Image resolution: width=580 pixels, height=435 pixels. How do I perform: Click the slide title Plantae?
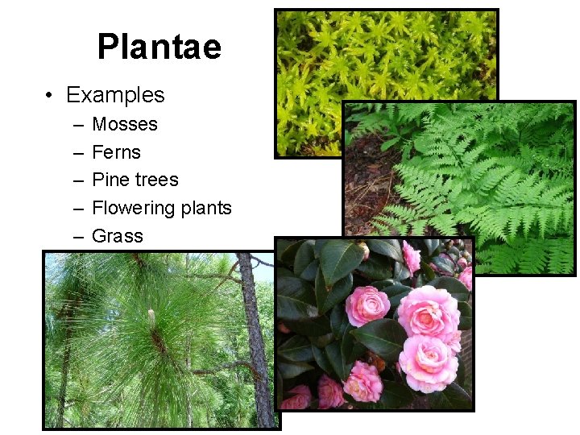159,47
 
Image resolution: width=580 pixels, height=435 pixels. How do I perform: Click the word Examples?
115,95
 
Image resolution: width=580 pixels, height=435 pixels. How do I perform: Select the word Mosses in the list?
125,124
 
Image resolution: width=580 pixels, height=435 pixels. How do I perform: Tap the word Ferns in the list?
116,152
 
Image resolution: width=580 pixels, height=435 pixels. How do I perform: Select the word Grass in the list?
118,236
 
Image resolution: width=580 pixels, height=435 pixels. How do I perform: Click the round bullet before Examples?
50,96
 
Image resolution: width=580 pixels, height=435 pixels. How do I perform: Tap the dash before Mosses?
77,125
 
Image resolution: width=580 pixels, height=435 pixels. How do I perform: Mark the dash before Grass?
77,237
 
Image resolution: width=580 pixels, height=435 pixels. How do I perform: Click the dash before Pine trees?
77,180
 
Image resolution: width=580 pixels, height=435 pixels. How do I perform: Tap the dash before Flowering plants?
77,209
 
